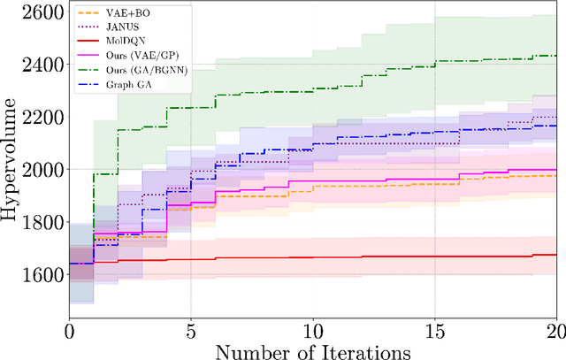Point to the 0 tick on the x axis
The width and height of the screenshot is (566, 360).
coord(70,330)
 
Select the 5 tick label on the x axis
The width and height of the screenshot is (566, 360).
coord(191,330)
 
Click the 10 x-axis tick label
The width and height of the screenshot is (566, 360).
coord(312,330)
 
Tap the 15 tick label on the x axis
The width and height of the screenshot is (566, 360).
coord(434,330)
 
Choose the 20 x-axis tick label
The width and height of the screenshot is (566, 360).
coord(555,330)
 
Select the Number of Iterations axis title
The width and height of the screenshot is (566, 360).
coord(312,350)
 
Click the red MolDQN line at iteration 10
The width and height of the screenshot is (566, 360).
coord(312,257)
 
